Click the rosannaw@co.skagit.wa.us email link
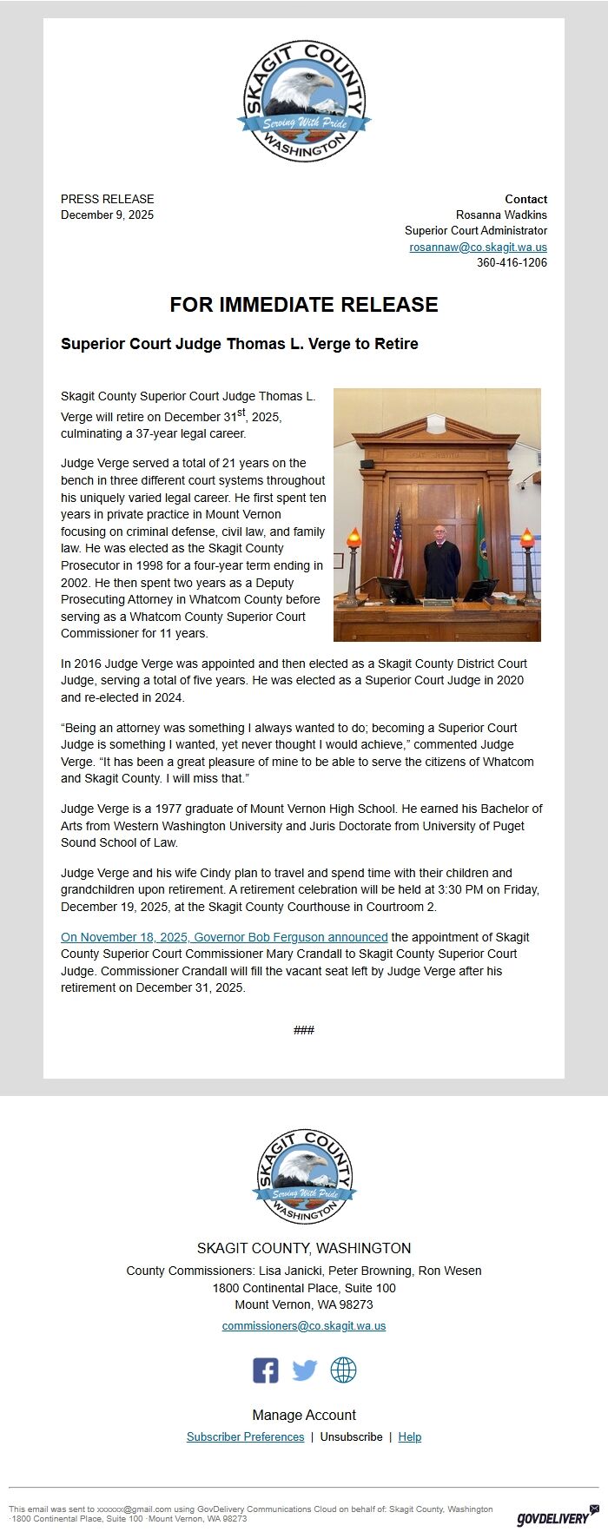click(x=478, y=248)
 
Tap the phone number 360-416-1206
click(x=512, y=263)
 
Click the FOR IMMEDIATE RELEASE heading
click(x=304, y=305)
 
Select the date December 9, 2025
click(x=107, y=215)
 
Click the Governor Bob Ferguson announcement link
click(x=224, y=937)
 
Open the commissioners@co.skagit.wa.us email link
click(x=304, y=1326)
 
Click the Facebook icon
click(x=266, y=1370)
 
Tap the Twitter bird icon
click(x=304, y=1370)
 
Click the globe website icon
click(x=343, y=1370)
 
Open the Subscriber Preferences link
click(x=245, y=1437)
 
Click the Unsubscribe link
click(x=351, y=1437)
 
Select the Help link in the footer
click(x=410, y=1437)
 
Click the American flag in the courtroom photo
click(x=397, y=545)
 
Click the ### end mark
click(x=304, y=1030)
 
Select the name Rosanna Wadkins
click(x=501, y=215)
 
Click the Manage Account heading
click(x=304, y=1416)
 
